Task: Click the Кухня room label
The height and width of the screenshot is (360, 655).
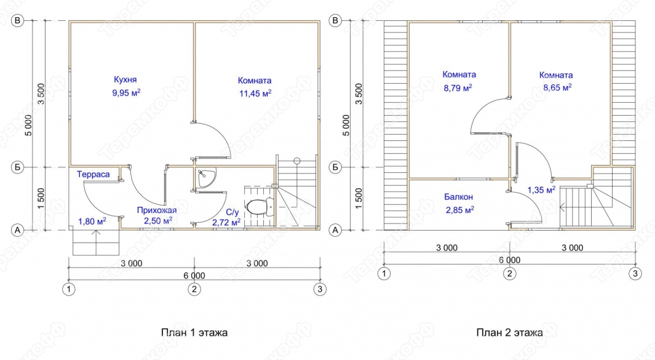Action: pos(125,79)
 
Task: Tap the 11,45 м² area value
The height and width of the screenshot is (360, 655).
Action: pos(255,94)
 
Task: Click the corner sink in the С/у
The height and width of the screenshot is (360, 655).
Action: pos(206,178)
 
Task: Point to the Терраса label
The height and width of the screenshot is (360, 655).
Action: pos(93,174)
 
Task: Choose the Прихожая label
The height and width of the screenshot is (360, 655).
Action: pos(157,210)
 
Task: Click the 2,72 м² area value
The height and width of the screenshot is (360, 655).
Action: pos(226,222)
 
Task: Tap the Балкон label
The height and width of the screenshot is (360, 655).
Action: pos(458,196)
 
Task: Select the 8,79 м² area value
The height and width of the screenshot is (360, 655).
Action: pos(458,88)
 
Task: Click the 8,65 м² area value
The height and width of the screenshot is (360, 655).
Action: pos(557,88)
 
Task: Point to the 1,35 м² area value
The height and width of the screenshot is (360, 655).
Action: pos(541,190)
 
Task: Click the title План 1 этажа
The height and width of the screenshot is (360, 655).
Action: pos(194,332)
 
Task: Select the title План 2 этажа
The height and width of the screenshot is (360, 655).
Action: pos(510,332)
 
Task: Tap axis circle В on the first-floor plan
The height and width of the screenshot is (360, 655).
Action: pos(17,20)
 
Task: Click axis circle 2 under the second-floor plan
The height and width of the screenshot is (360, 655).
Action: pos(509,274)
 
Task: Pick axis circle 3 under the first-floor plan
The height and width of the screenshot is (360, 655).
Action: pos(320,289)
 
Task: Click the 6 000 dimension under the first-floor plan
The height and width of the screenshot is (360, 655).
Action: pos(194,276)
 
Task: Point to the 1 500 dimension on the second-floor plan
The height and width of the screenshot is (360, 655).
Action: pos(359,199)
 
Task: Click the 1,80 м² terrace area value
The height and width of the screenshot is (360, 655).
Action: pos(92,221)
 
